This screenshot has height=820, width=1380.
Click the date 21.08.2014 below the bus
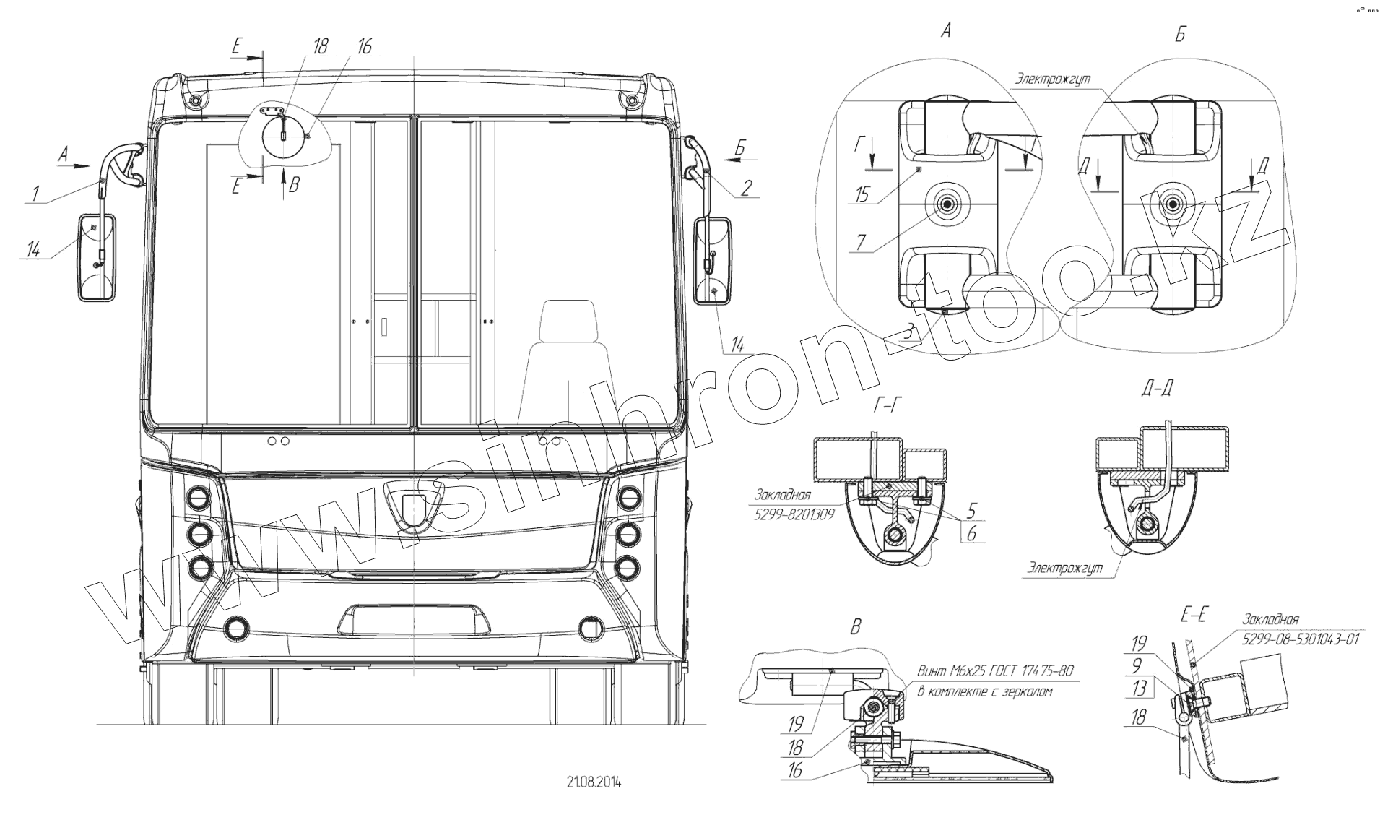pos(594,782)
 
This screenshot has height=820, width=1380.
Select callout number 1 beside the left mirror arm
pos(34,194)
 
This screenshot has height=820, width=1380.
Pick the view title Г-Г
pos(887,406)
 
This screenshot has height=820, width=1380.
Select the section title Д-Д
pos(1157,388)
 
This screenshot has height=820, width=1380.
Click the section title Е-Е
pos(1194,615)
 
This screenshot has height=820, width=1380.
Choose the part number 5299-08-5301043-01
pos(1301,639)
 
